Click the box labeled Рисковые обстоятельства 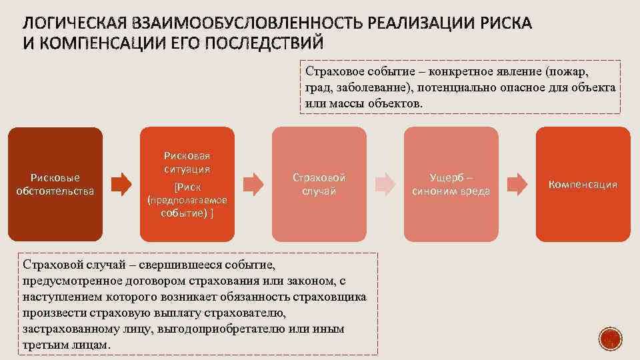55,184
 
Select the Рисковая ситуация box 187,184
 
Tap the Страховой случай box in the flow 319,184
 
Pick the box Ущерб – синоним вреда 451,184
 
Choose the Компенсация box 583,184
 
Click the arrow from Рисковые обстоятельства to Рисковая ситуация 121,183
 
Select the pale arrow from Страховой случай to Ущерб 385,183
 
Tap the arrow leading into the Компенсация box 517,183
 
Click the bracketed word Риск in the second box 188,187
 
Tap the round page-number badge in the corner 610,339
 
